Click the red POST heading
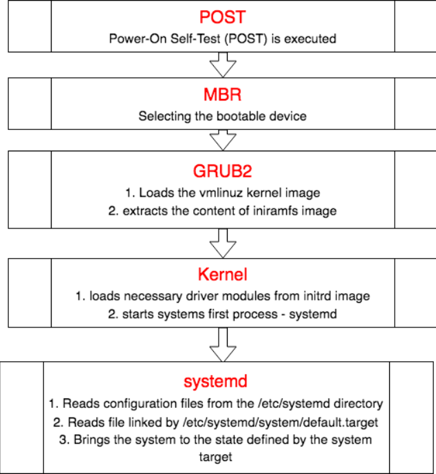coord(222,17)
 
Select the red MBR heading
coord(222,94)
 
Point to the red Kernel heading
coord(222,276)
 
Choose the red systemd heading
coord(216,381)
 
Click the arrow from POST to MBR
coord(222,67)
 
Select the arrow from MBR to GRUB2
coord(222,140)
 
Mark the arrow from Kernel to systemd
coord(222,345)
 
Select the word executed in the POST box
coord(313,39)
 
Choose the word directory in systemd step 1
coord(358,403)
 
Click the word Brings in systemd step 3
coord(89,440)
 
